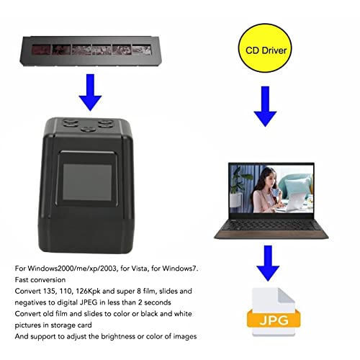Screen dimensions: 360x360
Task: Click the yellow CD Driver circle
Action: pyautogui.click(x=265, y=48)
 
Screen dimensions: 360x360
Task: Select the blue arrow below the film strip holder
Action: pyautogui.click(x=90, y=92)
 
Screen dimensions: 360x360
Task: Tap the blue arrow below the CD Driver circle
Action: pyautogui.click(x=265, y=107)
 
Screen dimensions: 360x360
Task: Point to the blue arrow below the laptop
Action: pyautogui.click(x=268, y=263)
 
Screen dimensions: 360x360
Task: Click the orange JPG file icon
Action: pyautogui.click(x=274, y=312)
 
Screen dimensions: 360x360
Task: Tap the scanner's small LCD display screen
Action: pyautogui.click(x=87, y=182)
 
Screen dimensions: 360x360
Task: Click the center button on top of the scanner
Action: pyautogui.click(x=89, y=130)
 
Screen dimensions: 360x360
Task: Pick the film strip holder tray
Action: pyautogui.click(x=89, y=51)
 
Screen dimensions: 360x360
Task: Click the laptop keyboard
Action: pyautogui.click(x=271, y=225)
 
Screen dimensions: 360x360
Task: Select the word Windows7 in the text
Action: pyautogui.click(x=179, y=269)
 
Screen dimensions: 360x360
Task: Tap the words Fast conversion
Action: pyautogui.click(x=40, y=280)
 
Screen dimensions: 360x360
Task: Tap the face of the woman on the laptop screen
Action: pyautogui.click(x=269, y=177)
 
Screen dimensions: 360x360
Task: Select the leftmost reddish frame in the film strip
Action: pyautogui.click(x=42, y=50)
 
